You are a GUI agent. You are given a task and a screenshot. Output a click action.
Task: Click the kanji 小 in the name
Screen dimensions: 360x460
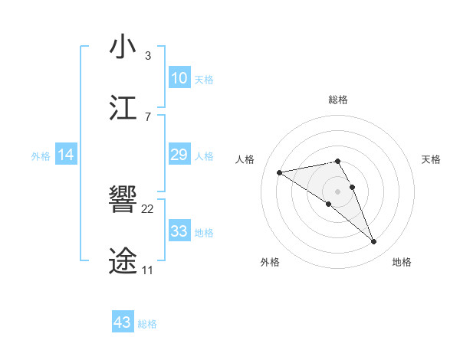pos(123,47)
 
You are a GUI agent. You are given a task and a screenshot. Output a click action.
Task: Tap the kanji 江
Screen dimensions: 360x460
pos(123,108)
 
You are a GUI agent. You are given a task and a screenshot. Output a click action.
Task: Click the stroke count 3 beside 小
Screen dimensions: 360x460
pos(147,56)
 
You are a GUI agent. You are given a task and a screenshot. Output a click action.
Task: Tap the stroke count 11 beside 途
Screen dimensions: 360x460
pos(147,270)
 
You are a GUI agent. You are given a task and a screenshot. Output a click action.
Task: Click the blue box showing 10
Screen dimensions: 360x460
pos(179,78)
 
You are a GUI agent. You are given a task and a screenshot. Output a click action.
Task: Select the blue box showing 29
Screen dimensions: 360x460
pos(179,155)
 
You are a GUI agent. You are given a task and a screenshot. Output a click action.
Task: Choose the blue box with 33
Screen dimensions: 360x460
pos(179,231)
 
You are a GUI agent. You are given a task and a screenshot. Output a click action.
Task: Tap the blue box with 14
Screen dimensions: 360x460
pos(66,155)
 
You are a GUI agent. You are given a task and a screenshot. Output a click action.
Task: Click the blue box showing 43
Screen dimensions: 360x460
pos(123,322)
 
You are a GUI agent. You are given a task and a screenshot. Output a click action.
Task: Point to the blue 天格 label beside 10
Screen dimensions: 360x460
pos(204,80)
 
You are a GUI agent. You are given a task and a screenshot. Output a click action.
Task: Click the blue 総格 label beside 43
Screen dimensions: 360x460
pos(147,324)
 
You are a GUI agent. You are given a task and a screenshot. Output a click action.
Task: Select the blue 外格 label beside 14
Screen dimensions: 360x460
pos(41,156)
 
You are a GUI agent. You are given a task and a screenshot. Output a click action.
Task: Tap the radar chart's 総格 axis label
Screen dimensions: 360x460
pos(338,100)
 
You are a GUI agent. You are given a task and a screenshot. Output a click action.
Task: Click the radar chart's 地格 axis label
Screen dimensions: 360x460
pos(402,262)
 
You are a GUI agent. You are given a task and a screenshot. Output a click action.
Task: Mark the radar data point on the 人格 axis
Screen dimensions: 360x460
pos(279,172)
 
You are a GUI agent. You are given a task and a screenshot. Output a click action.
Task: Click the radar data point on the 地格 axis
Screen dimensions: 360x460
pos(374,242)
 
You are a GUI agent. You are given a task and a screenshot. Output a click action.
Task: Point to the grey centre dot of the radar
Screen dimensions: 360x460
pos(338,191)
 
